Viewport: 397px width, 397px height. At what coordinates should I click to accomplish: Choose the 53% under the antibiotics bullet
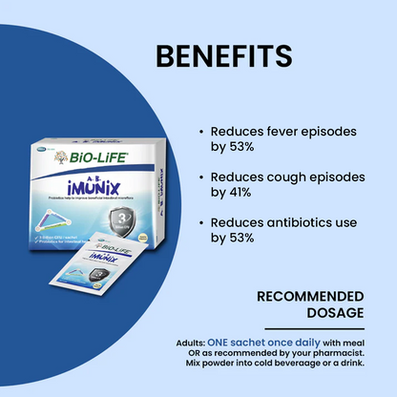point(240,237)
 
